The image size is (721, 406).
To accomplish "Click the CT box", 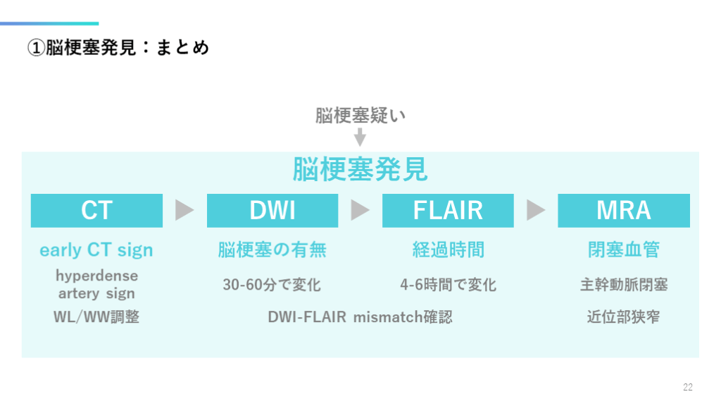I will pos(96,210).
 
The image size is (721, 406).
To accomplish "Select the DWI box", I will pos(272,210).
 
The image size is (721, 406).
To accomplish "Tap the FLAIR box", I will pos(448,210).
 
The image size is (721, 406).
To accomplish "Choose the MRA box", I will pos(623,210).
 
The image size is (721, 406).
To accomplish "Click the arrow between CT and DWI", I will pos(184,210).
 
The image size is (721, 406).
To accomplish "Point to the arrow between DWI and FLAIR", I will pos(360,210).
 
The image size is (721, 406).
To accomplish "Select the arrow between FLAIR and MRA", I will pos(536,210).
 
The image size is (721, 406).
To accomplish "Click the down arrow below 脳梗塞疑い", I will pos(360,136).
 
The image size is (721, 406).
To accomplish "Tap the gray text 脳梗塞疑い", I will pos(360,116).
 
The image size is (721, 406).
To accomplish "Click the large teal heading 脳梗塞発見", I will pos(360,170).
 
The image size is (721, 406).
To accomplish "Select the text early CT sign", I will pos(96,250).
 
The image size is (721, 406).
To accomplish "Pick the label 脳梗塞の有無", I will pos(272,250).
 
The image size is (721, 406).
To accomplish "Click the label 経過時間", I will pos(448,250).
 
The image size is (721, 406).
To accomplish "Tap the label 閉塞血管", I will pos(623,250).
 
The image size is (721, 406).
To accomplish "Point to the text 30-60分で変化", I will pos(272,285).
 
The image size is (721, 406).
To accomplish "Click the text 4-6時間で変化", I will pos(448,285).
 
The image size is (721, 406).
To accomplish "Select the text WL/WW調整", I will pos(96,317).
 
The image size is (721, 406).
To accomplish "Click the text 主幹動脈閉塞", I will pos(623,285).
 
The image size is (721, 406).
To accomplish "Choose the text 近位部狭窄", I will pos(623,317).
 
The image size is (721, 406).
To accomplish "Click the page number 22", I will pos(688,387).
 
